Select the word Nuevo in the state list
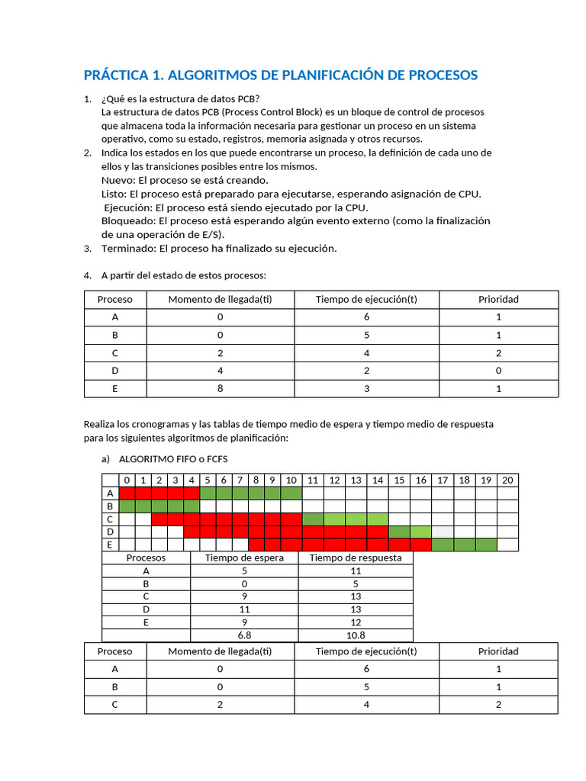pyautogui.click(x=117, y=180)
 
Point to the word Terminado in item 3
pyautogui.click(x=127, y=249)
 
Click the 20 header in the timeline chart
pyautogui.click(x=507, y=480)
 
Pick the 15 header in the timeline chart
pyautogui.click(x=399, y=480)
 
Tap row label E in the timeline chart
pyautogui.click(x=111, y=545)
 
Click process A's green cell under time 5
pyautogui.click(x=208, y=493)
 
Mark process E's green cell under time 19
pyautogui.click(x=485, y=545)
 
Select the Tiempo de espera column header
pyautogui.click(x=244, y=558)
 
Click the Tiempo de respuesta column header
pyautogui.click(x=355, y=558)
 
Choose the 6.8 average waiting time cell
pyautogui.click(x=244, y=635)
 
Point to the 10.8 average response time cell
pyautogui.click(x=355, y=635)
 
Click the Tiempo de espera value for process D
pyautogui.click(x=244, y=609)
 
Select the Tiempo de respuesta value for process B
pyautogui.click(x=355, y=583)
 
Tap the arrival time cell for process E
pyautogui.click(x=220, y=388)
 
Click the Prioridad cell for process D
pyautogui.click(x=498, y=371)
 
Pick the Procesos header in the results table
pyautogui.click(x=146, y=558)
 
